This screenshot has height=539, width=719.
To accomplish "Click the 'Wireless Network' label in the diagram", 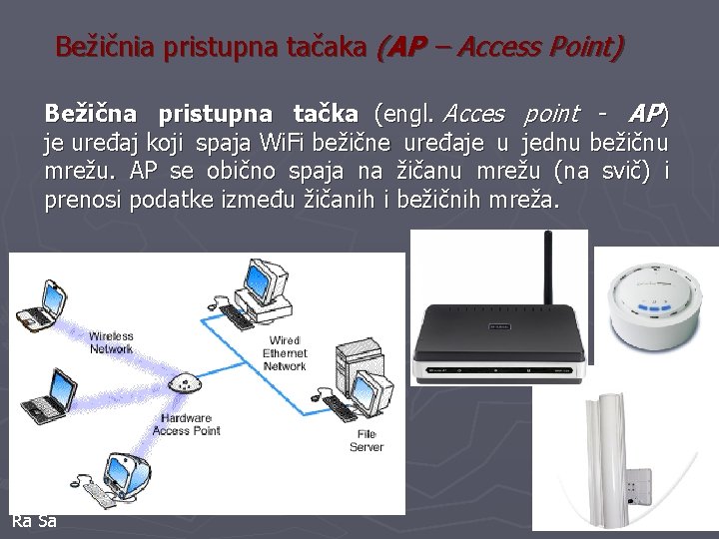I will tap(111, 342).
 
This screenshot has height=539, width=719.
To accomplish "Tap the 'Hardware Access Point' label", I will tap(187, 424).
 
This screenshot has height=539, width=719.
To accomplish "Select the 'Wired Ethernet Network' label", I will tap(285, 353).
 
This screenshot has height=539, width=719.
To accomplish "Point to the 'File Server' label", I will tap(366, 440).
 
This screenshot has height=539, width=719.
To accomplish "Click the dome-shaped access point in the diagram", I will tap(185, 384).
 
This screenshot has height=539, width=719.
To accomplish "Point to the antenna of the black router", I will tap(547, 269).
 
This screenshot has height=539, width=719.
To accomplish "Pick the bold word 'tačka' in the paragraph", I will tap(325, 114).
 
